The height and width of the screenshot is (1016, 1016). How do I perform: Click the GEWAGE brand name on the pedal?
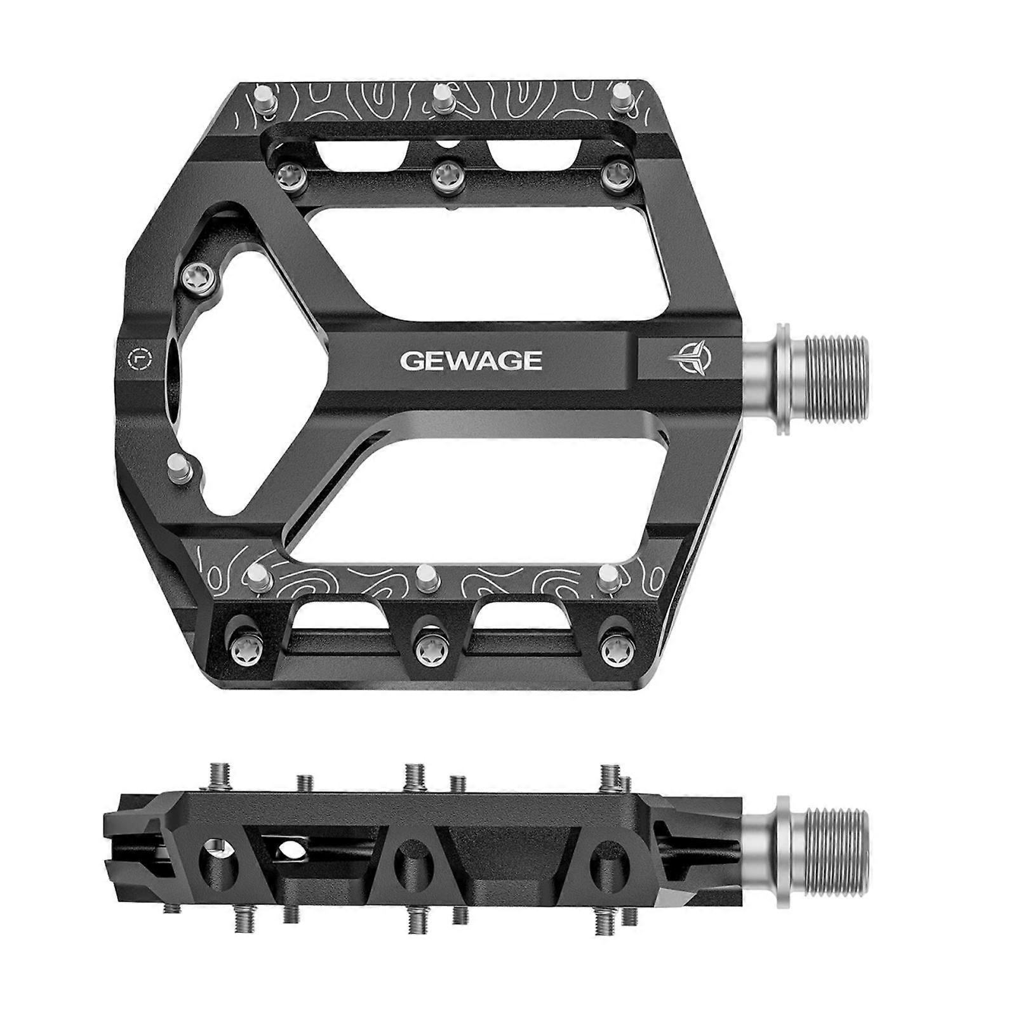(x=471, y=361)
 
